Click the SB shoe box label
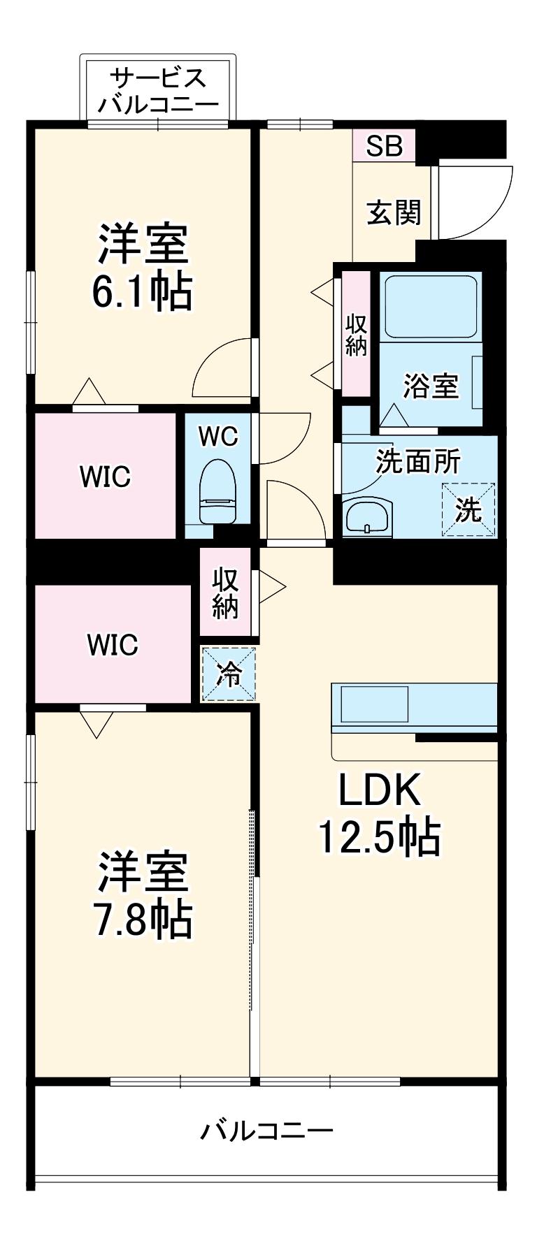(x=384, y=146)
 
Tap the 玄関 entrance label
(x=394, y=212)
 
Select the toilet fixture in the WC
(x=218, y=490)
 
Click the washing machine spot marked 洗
(x=468, y=509)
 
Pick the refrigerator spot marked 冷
(x=229, y=674)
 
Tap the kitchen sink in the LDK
(x=373, y=704)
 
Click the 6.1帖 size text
(x=142, y=292)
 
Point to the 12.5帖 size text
(x=380, y=836)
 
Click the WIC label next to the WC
(x=105, y=477)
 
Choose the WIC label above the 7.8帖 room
(x=113, y=644)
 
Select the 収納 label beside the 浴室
(x=356, y=335)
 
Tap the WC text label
(x=218, y=437)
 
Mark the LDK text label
(x=380, y=790)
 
